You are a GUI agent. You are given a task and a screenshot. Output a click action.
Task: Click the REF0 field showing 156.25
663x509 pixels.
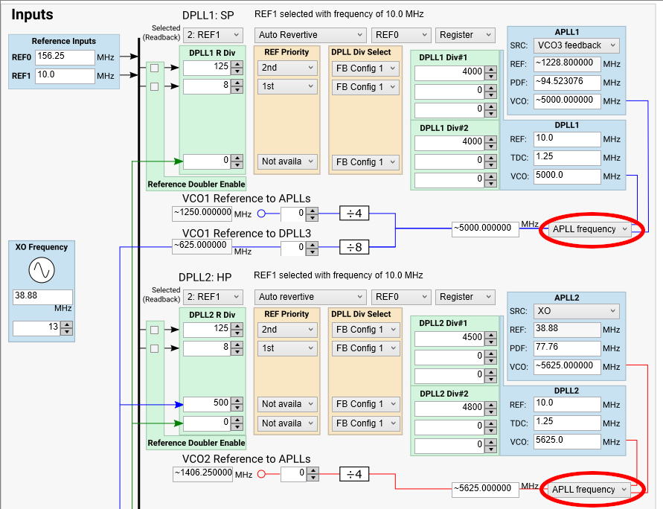pyautogui.click(x=64, y=57)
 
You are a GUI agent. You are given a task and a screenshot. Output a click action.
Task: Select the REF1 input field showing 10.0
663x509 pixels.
pyautogui.click(x=64, y=76)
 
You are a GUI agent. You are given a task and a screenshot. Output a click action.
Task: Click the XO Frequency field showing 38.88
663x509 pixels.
pyautogui.click(x=42, y=296)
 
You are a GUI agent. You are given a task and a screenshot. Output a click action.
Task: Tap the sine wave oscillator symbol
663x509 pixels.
pyautogui.click(x=42, y=272)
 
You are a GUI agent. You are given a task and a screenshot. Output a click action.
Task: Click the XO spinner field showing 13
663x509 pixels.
pyautogui.click(x=36, y=328)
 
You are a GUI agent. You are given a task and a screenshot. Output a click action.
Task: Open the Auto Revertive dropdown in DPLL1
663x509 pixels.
pyautogui.click(x=311, y=35)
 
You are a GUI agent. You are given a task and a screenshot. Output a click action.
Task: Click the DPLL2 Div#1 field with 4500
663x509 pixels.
pyautogui.click(x=449, y=336)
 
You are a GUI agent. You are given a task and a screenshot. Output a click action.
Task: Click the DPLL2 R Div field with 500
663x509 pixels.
pyautogui.click(x=207, y=404)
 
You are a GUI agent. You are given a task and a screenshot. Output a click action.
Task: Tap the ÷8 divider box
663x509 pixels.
pyautogui.click(x=355, y=247)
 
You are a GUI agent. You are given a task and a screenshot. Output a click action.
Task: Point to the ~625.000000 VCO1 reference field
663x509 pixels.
pyautogui.click(x=202, y=245)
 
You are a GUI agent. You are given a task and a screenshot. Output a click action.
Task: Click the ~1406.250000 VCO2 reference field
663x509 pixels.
pyautogui.click(x=202, y=473)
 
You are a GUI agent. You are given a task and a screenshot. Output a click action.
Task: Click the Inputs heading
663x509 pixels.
pyautogui.click(x=32, y=14)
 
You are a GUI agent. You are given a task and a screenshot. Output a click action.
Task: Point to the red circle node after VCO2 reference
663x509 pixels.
pyautogui.click(x=261, y=473)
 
